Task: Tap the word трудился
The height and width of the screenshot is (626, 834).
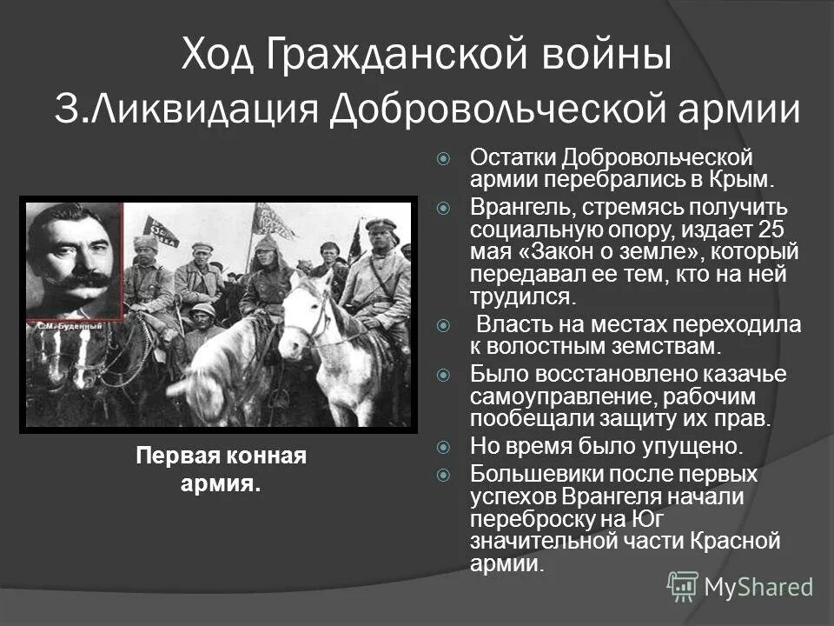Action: coord(522,296)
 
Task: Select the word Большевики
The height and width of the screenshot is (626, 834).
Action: coord(532,475)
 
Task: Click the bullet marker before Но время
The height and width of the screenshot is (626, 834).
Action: coord(444,447)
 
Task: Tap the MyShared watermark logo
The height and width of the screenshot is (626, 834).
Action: coord(683,585)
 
